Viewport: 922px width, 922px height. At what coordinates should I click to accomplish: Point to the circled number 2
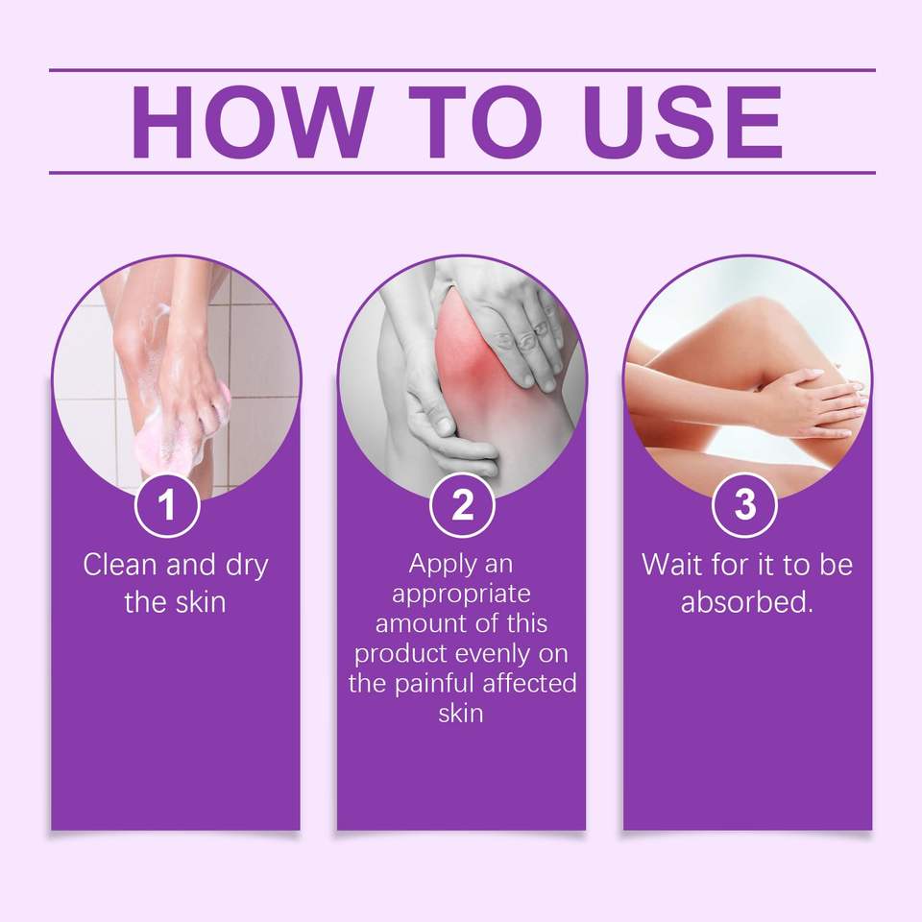point(462,505)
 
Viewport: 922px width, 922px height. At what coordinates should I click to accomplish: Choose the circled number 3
point(744,505)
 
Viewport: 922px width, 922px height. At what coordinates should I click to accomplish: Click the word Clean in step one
point(122,565)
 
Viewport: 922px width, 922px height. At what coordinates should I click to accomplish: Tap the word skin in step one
point(201,603)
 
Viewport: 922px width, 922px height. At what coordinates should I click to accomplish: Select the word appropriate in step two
point(461,594)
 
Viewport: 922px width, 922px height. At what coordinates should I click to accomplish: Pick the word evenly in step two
point(501,654)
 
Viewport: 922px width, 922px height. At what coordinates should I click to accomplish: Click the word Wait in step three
point(672,565)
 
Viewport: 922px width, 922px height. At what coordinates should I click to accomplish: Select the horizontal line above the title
point(462,70)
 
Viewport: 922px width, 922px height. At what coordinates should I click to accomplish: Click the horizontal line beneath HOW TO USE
point(462,173)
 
